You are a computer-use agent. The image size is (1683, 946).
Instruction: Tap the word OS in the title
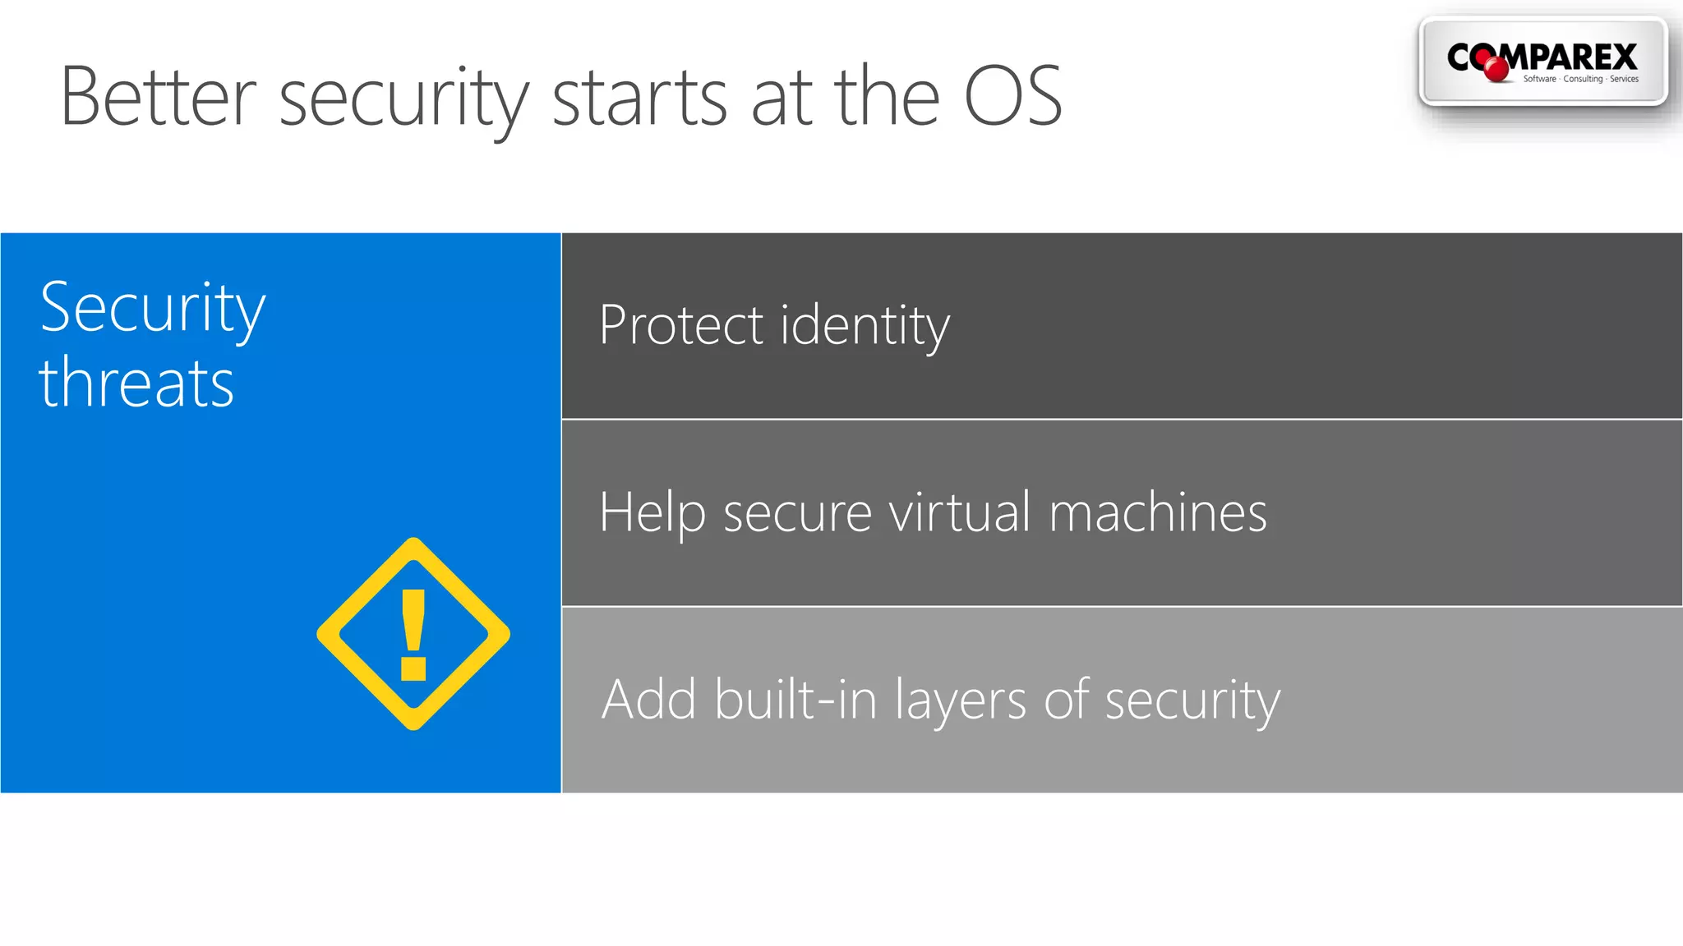[1012, 98]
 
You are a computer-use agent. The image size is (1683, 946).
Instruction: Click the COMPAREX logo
[1542, 62]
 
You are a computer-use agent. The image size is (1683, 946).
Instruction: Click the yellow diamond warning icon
[413, 634]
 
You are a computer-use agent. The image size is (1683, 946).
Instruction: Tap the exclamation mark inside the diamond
[413, 635]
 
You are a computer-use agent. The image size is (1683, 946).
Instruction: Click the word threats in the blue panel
[136, 383]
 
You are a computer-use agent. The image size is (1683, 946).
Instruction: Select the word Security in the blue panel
[153, 309]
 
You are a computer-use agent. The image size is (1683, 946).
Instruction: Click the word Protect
[681, 325]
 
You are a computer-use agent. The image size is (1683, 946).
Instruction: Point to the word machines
[1158, 512]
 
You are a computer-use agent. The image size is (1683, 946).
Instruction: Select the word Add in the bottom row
[649, 700]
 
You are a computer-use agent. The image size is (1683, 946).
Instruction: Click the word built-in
[795, 700]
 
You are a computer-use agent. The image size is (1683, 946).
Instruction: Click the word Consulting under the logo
[1583, 79]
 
